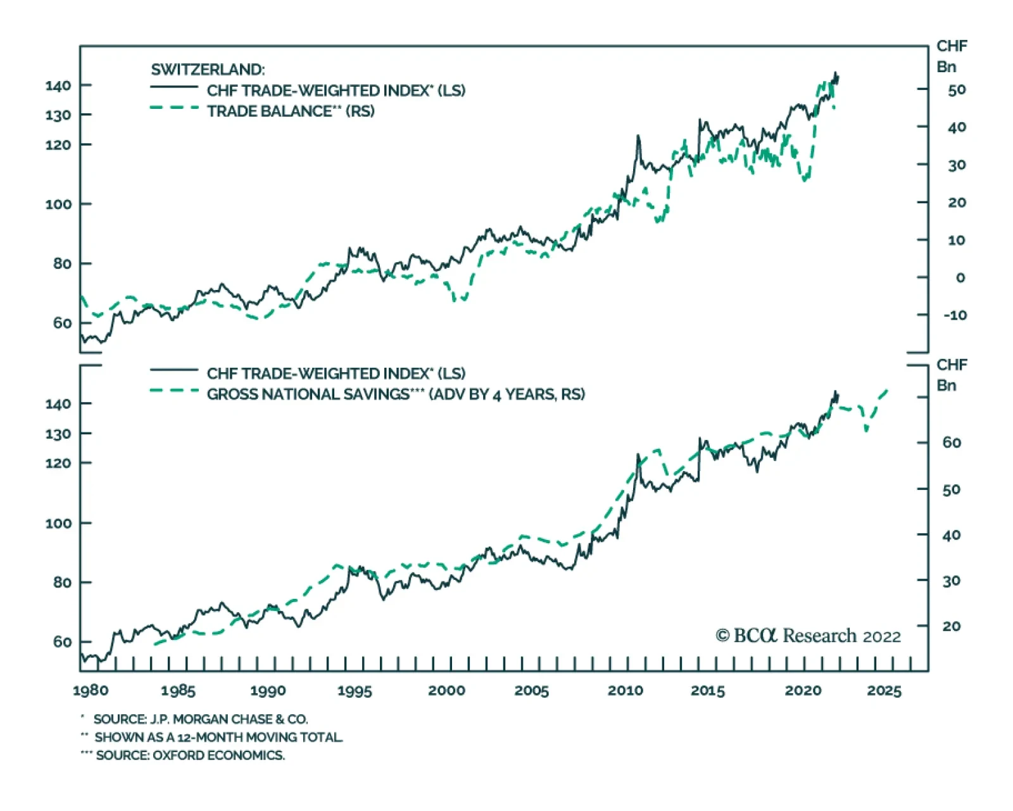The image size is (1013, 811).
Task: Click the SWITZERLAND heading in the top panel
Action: coord(208,70)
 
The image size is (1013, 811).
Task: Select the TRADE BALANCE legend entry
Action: coord(291,111)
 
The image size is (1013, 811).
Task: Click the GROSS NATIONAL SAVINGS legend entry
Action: coord(396,394)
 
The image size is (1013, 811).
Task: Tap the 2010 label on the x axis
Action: coord(625,691)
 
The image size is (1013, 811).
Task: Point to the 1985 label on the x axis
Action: coord(178,691)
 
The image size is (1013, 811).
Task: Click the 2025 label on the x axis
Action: coord(884,691)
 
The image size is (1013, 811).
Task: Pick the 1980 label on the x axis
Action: coord(91,691)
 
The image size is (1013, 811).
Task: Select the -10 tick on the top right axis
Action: coord(955,315)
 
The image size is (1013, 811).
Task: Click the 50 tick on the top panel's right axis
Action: coord(957,90)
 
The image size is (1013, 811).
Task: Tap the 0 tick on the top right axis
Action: coord(960,278)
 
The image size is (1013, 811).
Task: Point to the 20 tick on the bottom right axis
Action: coord(952,626)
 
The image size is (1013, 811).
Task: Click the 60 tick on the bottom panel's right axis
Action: coord(952,443)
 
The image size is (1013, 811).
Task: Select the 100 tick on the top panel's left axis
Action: coord(58,204)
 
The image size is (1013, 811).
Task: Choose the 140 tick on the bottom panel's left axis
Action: coord(58,404)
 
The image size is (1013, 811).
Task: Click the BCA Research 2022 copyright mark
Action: coord(808,636)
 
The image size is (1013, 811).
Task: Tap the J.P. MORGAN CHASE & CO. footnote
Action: coord(201,720)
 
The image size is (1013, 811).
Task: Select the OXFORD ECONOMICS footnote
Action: coord(190,755)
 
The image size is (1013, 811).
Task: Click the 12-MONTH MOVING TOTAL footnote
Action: coord(218,738)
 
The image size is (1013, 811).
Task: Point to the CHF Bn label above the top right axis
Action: coord(951,56)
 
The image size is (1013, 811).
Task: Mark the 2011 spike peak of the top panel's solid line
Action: coord(638,135)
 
